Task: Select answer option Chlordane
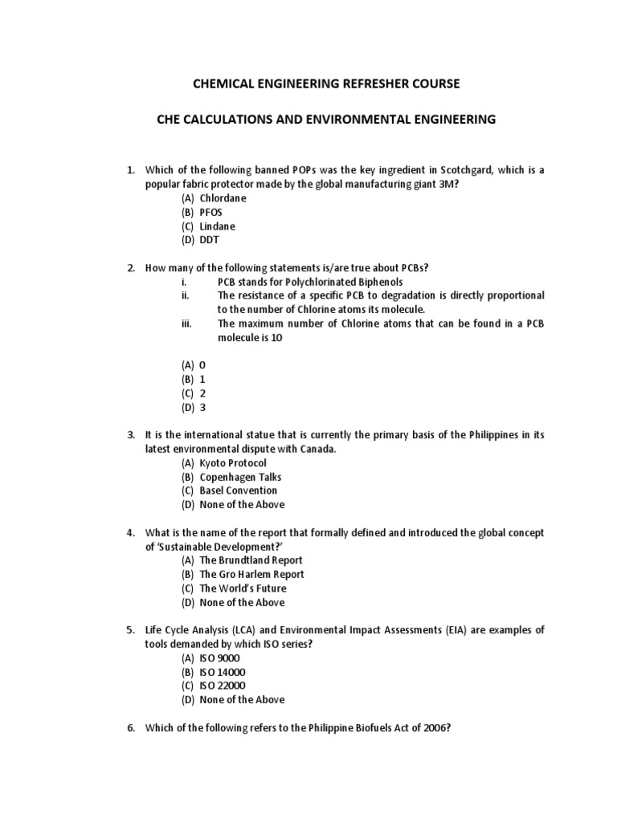[223, 198]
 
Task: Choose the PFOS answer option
[210, 212]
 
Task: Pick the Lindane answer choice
[216, 226]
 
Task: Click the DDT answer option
[209, 240]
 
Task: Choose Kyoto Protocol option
[232, 463]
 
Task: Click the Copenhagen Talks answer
[240, 477]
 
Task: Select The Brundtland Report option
[251, 560]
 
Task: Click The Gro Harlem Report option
[251, 574]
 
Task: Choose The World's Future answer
[243, 588]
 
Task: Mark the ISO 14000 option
[223, 672]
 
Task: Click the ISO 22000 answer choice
[223, 686]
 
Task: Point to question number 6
[132, 727]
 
